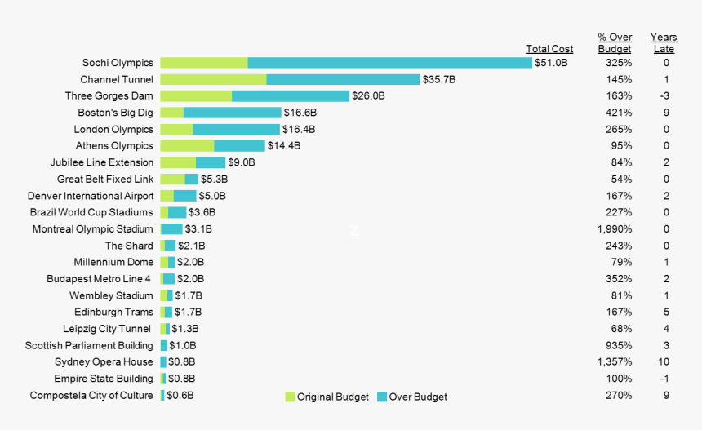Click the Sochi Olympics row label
coord(118,63)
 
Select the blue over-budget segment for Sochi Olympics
coord(389,63)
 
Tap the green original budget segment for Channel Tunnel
coord(213,79)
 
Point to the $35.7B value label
coord(438,79)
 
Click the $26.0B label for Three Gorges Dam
coord(368,96)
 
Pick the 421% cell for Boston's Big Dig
coord(619,113)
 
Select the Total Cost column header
coord(549,49)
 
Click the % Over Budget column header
coord(615,43)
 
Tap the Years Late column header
coord(664,43)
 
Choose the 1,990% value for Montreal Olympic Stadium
coord(615,229)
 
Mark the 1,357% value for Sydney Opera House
coord(615,362)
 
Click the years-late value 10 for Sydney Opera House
coord(665,362)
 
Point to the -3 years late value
coord(665,96)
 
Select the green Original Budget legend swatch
coord(290,397)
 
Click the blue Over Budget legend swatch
coord(382,397)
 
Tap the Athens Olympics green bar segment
coord(187,146)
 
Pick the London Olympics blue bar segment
coord(236,129)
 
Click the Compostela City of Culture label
coord(91,396)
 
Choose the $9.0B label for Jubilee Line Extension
coord(242,162)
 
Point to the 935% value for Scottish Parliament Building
coord(619,346)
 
